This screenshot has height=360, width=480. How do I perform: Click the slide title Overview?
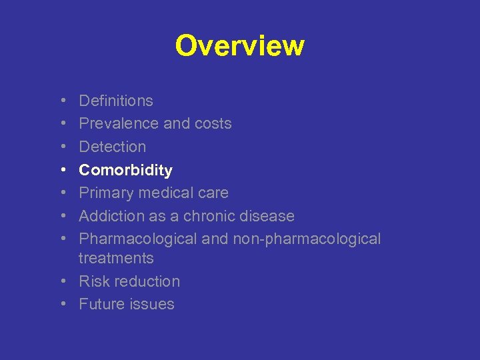click(239, 46)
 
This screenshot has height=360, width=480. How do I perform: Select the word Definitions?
click(116, 101)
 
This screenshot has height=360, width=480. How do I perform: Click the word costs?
click(213, 124)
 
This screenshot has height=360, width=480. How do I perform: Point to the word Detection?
click(112, 147)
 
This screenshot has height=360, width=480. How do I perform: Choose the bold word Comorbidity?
click(125, 170)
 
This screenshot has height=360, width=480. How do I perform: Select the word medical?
click(157, 193)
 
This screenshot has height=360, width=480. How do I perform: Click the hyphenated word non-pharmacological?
click(307, 239)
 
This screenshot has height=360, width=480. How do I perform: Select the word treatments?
click(116, 258)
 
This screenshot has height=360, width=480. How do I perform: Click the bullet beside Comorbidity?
click(61, 170)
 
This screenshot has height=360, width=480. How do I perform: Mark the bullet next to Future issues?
click(61, 304)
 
